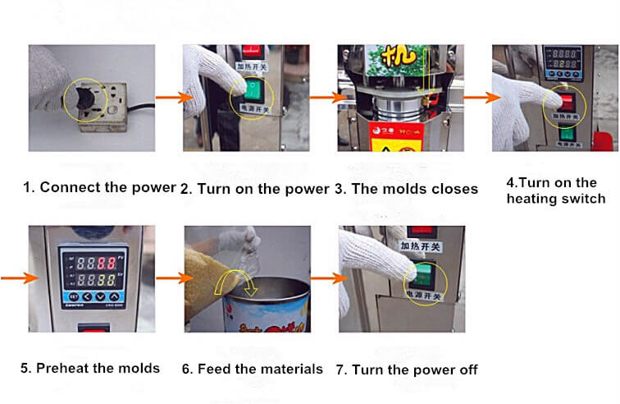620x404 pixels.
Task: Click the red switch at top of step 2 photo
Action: (245, 52)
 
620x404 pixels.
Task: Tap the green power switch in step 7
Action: (423, 276)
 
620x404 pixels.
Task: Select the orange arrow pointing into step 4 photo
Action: (481, 98)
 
